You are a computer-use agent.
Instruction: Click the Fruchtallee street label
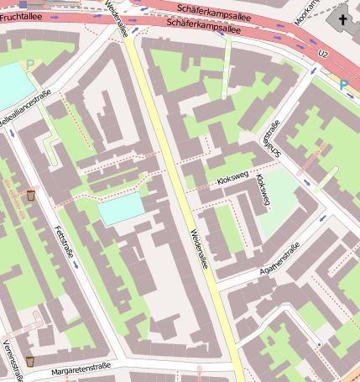coord(20,17)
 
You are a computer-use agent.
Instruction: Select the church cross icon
coord(342,19)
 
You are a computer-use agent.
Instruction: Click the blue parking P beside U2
coord(344,85)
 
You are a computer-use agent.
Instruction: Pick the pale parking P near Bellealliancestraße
coord(31,64)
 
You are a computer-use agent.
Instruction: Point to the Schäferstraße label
coord(270,138)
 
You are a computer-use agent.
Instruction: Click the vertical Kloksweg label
coord(263,191)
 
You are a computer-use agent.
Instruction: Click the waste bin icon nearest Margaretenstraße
coord(29,361)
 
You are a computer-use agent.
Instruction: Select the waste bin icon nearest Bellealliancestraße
coord(31,196)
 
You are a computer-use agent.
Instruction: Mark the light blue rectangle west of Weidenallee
coord(121,208)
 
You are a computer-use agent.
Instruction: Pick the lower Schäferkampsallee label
coord(204,27)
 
